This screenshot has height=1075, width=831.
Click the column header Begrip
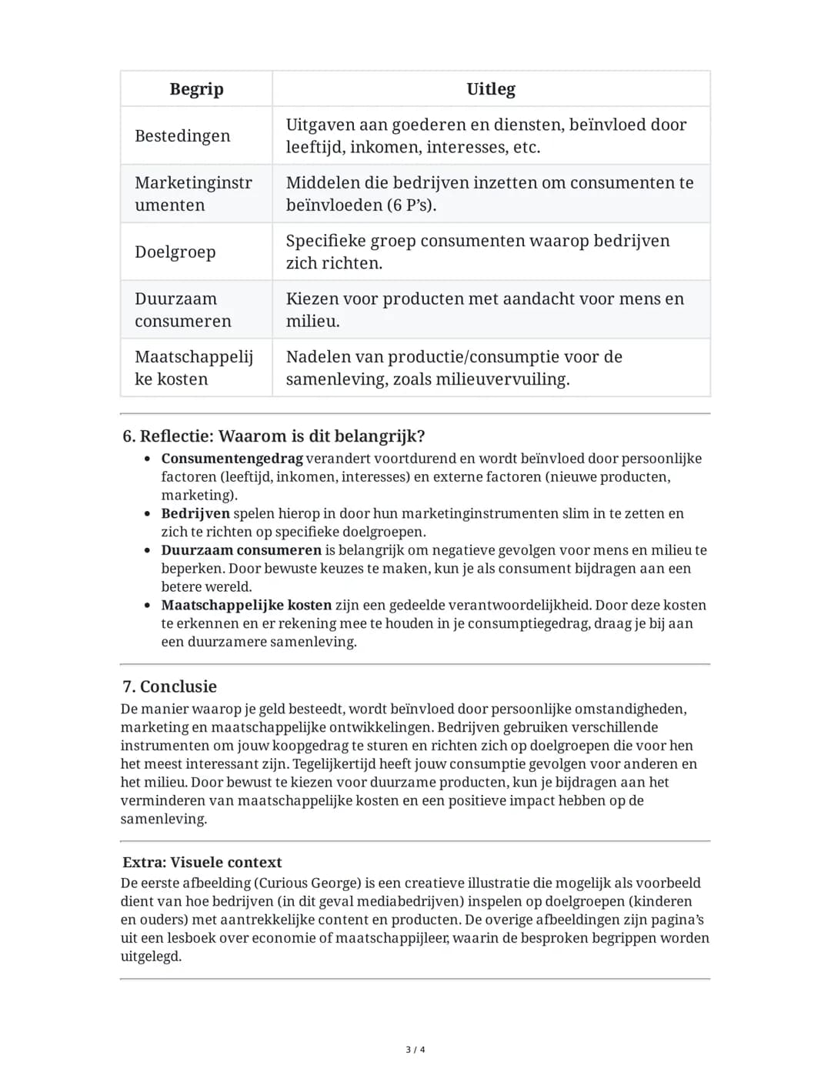pyautogui.click(x=196, y=89)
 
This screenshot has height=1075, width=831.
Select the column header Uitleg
pyautogui.click(x=491, y=89)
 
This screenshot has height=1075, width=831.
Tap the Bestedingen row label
pyautogui.click(x=182, y=136)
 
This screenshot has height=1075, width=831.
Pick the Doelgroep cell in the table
pyautogui.click(x=175, y=252)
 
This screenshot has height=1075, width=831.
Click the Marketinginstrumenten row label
pyautogui.click(x=193, y=194)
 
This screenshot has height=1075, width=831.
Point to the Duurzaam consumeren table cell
pyautogui.click(x=183, y=310)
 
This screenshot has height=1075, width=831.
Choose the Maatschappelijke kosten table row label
pyautogui.click(x=194, y=368)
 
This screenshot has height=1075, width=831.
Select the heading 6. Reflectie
pyautogui.click(x=273, y=436)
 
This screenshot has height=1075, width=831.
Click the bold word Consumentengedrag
pyautogui.click(x=232, y=459)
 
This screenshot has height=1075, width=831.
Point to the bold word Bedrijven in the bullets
pyautogui.click(x=195, y=513)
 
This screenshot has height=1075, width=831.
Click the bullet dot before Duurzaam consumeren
pyautogui.click(x=147, y=550)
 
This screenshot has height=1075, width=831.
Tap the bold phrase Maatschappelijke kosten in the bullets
pyautogui.click(x=246, y=606)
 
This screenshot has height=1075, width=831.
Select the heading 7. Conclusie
pyautogui.click(x=169, y=686)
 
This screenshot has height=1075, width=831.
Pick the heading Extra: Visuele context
pyautogui.click(x=202, y=863)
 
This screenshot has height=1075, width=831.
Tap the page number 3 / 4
pyautogui.click(x=415, y=1050)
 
